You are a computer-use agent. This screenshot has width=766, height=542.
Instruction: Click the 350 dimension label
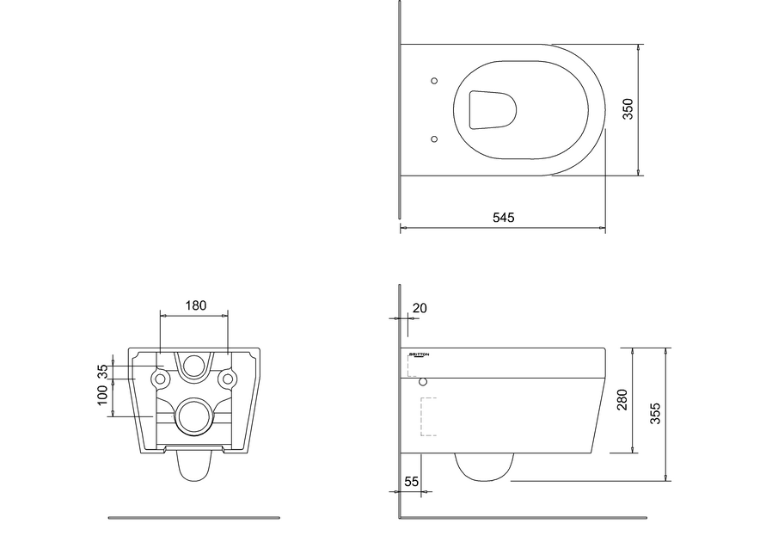click(x=628, y=108)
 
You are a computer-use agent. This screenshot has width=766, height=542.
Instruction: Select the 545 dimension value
click(x=503, y=219)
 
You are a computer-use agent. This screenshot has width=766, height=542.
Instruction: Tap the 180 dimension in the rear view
click(x=195, y=305)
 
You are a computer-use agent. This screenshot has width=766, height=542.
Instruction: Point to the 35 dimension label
click(x=103, y=371)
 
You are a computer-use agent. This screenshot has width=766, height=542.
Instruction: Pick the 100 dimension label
click(x=103, y=396)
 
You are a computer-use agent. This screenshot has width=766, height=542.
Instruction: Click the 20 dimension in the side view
click(x=420, y=308)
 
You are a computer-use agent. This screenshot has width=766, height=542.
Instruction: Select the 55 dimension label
click(x=411, y=483)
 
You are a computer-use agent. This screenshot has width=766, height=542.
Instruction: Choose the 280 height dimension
click(x=623, y=400)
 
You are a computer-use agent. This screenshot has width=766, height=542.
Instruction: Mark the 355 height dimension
click(x=655, y=414)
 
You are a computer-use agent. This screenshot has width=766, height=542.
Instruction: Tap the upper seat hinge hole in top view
click(x=433, y=82)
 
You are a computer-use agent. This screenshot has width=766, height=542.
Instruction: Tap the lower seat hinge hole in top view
click(x=433, y=138)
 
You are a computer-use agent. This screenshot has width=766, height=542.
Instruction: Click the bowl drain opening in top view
click(x=493, y=109)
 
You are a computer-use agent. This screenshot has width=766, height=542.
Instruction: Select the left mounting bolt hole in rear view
click(x=159, y=378)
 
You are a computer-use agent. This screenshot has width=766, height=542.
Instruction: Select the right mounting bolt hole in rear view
click(x=227, y=378)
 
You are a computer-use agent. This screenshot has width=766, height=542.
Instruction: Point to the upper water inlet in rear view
click(x=193, y=366)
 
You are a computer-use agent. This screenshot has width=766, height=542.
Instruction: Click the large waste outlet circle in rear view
click(x=193, y=417)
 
